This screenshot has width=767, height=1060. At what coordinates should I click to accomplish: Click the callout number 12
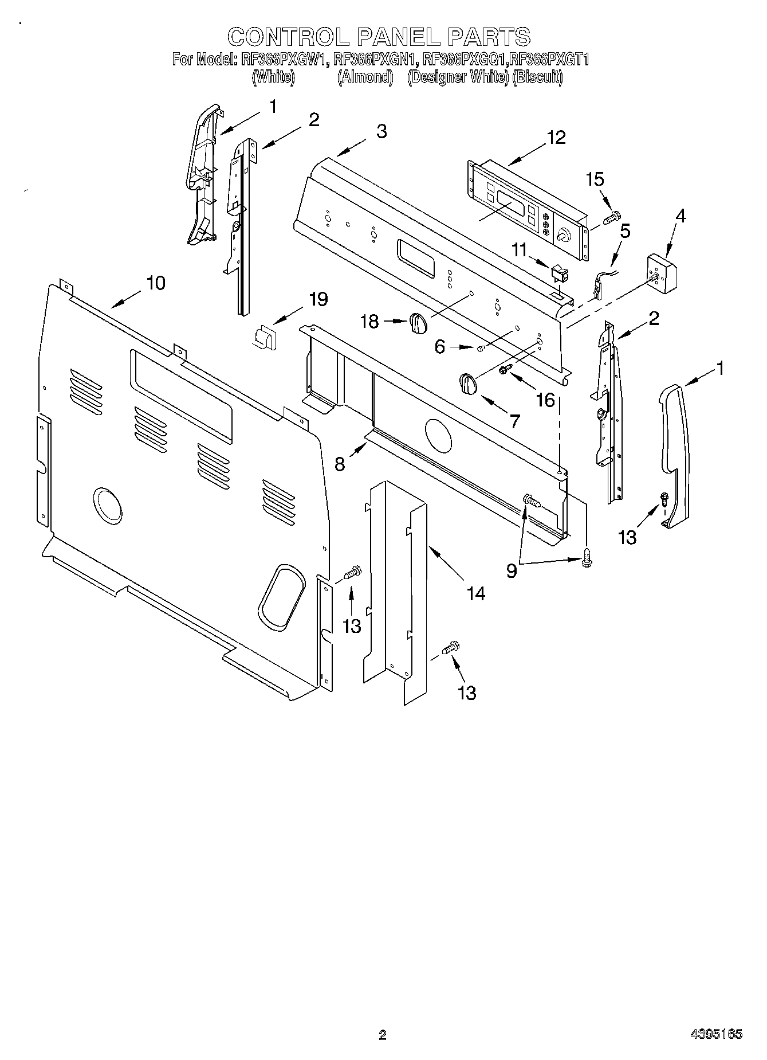pos(556,138)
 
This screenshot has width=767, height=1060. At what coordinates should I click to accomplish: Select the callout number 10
pos(155,283)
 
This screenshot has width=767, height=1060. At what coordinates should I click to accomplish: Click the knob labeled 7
pos(468,383)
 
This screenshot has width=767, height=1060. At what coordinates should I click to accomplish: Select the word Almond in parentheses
pos(365,77)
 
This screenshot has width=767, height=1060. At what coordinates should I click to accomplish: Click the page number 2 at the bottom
pos(383,1035)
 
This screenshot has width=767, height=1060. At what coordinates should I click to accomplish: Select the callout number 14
pos(475,593)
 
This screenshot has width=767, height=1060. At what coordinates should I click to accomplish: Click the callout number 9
pos(511,570)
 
